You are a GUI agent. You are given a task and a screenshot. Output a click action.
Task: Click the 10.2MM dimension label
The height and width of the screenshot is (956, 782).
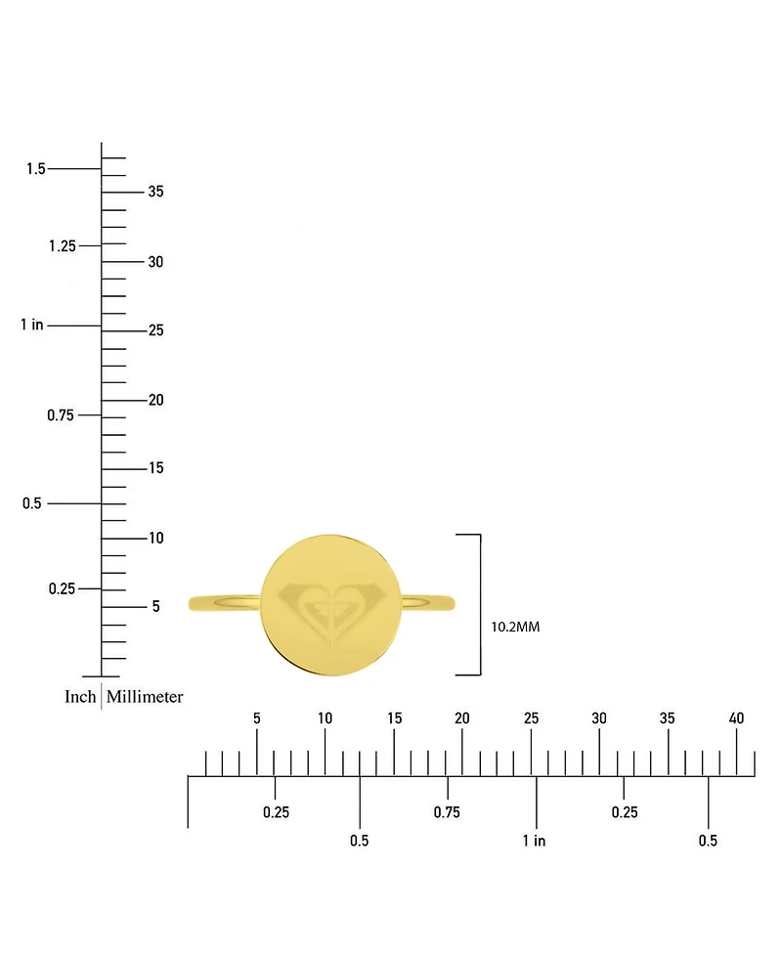point(515,627)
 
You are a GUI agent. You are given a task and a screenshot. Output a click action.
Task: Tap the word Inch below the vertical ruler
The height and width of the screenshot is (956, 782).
point(80,696)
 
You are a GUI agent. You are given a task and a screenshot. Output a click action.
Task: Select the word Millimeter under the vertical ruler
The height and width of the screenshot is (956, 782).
point(145,696)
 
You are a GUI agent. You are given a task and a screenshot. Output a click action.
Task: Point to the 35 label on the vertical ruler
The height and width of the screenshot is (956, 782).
point(156,192)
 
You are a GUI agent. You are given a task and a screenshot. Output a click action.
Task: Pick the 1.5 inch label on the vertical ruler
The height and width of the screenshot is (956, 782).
point(36,169)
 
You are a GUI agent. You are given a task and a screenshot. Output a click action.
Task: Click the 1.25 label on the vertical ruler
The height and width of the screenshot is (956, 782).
point(63,245)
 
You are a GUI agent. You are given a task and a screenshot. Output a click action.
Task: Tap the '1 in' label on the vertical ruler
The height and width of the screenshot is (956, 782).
point(32,325)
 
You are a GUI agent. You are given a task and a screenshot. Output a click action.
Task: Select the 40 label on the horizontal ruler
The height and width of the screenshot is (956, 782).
point(736,718)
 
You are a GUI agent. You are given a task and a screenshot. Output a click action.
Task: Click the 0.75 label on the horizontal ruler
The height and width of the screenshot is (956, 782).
point(447,812)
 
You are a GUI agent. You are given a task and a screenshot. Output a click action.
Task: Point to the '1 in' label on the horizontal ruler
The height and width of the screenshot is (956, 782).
point(534,841)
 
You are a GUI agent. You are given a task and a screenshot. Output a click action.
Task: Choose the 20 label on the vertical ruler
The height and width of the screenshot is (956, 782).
point(156,400)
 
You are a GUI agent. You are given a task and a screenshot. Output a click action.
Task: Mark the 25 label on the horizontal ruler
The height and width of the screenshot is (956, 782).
point(531,718)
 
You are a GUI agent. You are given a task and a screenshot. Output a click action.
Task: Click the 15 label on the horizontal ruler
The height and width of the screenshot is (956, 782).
point(394,718)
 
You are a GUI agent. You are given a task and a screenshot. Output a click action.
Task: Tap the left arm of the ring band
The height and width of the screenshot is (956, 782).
point(225,603)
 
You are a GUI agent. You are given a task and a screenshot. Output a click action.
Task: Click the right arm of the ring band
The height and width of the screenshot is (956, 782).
point(428,603)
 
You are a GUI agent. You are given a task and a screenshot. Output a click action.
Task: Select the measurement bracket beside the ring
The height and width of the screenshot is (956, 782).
point(480,605)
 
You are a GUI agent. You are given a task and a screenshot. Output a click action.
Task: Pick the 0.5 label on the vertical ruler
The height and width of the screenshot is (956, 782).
point(32,503)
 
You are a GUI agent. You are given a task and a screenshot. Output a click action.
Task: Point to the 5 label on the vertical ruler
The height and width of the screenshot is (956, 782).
point(156,606)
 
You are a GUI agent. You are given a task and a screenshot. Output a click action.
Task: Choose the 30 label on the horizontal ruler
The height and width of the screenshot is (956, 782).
point(599,718)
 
